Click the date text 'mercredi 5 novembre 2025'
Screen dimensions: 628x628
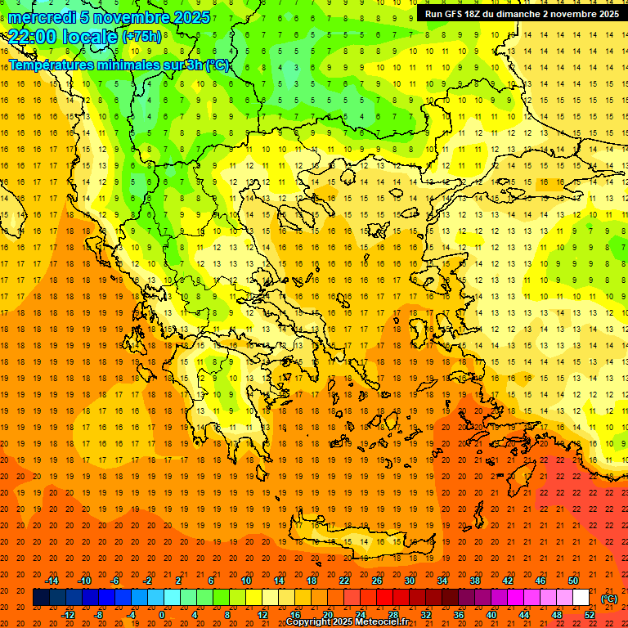(x=110, y=17)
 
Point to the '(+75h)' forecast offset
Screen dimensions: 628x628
(x=141, y=37)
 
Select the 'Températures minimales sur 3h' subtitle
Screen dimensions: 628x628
(x=119, y=65)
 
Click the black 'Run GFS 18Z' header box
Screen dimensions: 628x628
(x=522, y=14)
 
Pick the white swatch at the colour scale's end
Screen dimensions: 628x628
(x=581, y=598)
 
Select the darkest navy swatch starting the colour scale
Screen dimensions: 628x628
(x=41, y=598)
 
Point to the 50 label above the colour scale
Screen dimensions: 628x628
(x=572, y=581)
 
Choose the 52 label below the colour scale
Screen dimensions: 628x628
(x=589, y=614)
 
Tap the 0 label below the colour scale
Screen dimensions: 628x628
(x=161, y=614)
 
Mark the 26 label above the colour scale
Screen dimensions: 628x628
(x=376, y=581)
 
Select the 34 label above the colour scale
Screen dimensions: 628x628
(x=442, y=581)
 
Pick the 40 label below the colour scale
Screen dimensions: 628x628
(x=491, y=614)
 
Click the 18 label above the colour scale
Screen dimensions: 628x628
(x=311, y=581)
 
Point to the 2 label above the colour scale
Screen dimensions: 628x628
(x=177, y=581)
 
